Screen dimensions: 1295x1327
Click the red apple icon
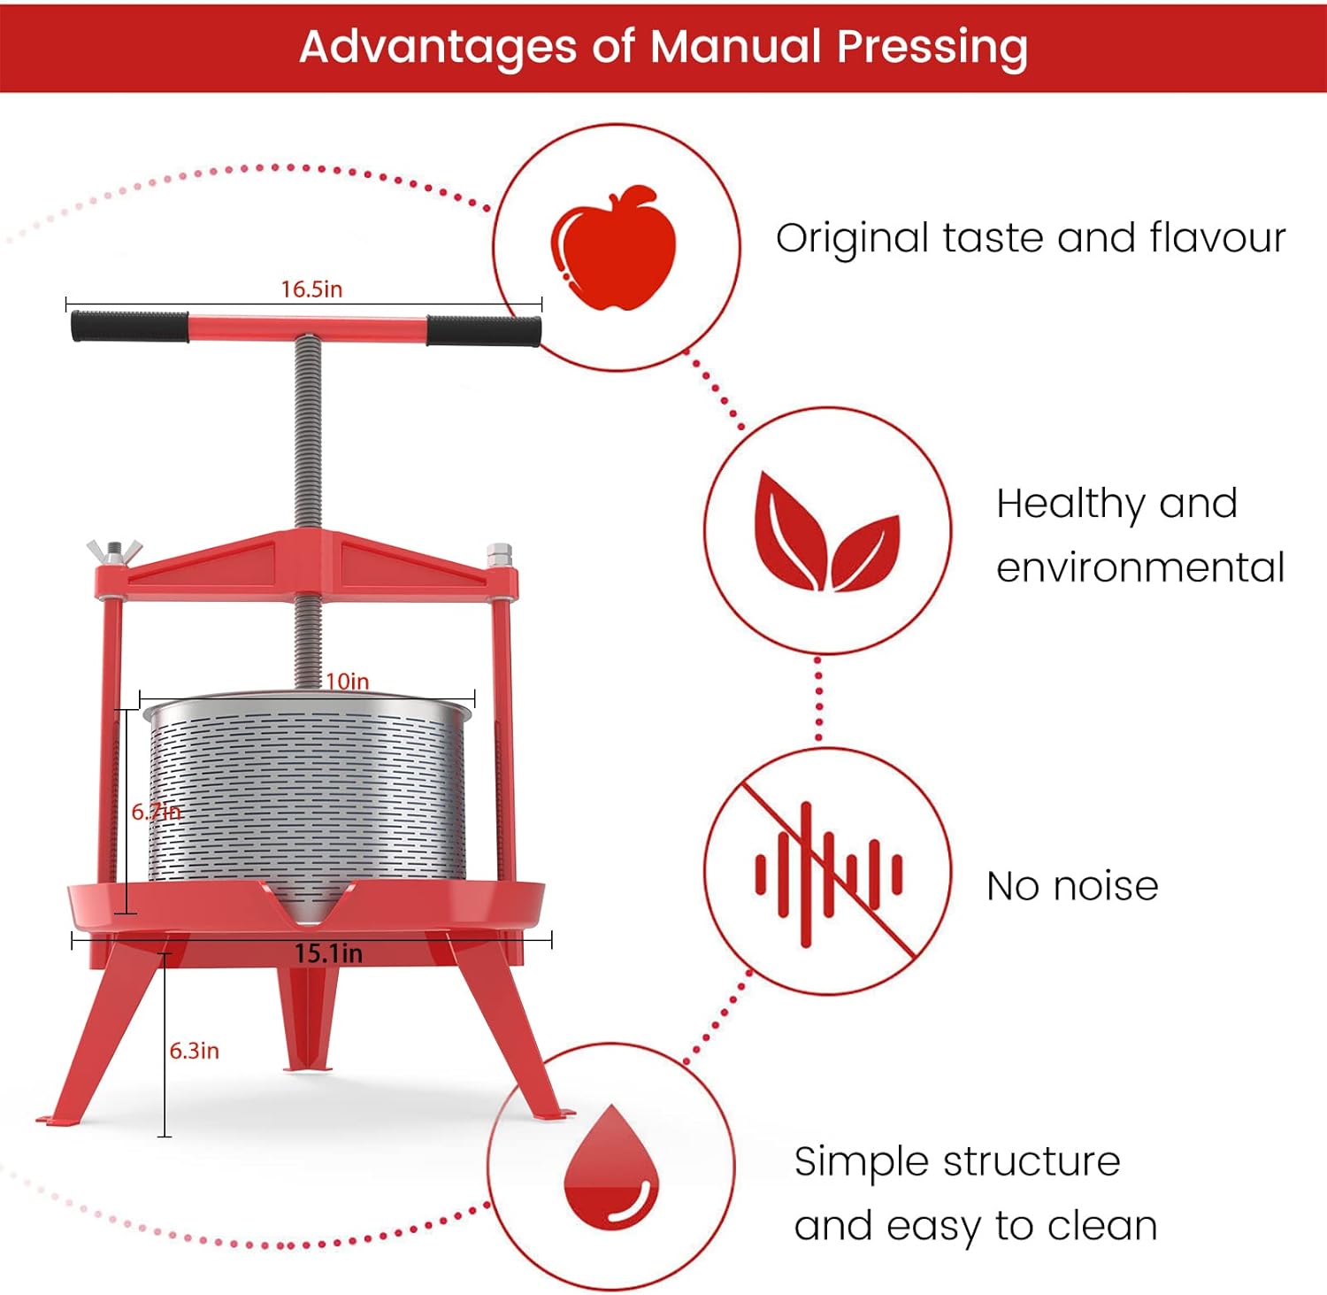click(x=613, y=248)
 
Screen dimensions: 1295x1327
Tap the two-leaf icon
click(x=826, y=533)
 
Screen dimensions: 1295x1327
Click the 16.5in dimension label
click(x=311, y=289)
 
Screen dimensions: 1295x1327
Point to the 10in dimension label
click(x=347, y=681)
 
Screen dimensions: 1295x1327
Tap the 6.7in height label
click(x=156, y=811)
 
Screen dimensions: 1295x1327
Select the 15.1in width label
click(x=328, y=953)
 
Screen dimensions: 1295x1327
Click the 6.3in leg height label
click(x=195, y=1051)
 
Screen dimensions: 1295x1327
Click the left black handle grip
click(x=130, y=326)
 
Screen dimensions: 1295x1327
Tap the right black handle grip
click(x=483, y=330)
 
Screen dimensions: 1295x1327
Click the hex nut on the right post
click(x=499, y=555)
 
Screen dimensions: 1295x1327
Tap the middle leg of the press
click(x=309, y=1018)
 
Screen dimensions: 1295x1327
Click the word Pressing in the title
click(x=932, y=46)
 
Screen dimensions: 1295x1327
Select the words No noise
click(x=1072, y=886)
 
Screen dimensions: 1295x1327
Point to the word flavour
click(x=1217, y=237)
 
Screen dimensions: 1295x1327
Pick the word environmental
click(x=1140, y=567)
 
